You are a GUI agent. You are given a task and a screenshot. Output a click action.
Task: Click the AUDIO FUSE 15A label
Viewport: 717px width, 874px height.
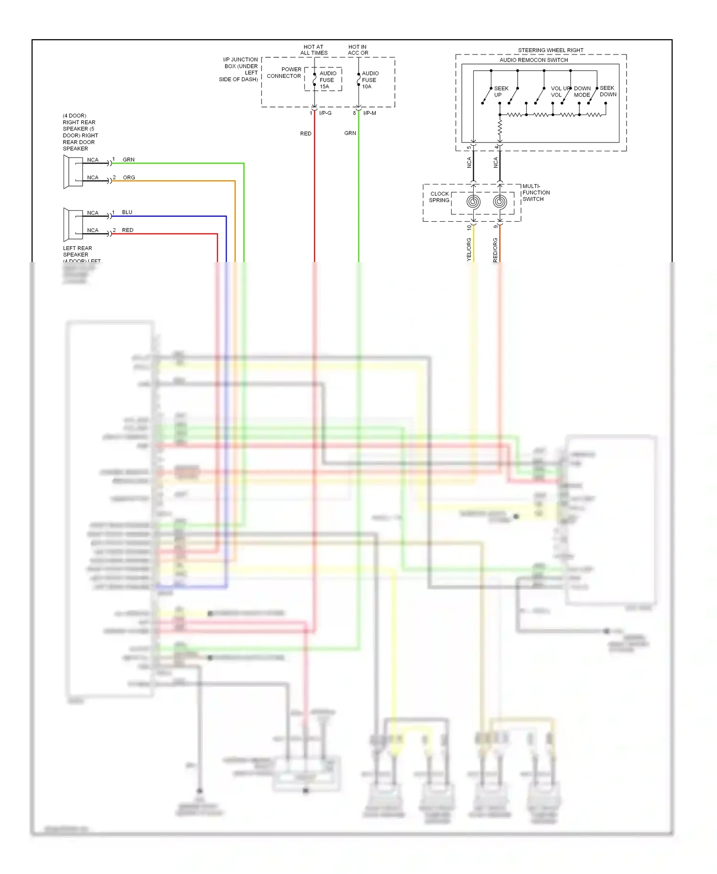[x=327, y=80]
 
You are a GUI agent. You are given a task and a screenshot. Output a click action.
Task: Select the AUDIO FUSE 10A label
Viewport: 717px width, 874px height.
[x=369, y=80]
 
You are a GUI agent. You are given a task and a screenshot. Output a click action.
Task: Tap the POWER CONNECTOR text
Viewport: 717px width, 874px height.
[x=284, y=73]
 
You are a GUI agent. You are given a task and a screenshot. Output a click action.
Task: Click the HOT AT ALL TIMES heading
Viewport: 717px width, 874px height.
[x=314, y=50]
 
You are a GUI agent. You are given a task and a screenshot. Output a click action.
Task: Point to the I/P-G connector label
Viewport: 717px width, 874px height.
[x=325, y=113]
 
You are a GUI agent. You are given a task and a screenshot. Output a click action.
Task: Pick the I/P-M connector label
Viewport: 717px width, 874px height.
[x=369, y=113]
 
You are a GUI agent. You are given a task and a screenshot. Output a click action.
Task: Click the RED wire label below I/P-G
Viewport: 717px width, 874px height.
[x=305, y=134]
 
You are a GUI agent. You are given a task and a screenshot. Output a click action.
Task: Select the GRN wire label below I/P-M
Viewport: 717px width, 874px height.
[x=350, y=133]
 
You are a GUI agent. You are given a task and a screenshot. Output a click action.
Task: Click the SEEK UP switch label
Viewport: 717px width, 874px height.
[x=500, y=91]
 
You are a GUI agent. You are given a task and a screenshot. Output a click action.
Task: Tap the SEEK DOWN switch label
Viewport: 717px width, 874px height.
[x=608, y=91]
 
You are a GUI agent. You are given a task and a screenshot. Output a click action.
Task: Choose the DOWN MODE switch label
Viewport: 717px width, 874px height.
[x=582, y=92]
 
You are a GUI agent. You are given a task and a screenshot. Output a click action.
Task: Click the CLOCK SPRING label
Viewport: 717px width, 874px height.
[x=439, y=197]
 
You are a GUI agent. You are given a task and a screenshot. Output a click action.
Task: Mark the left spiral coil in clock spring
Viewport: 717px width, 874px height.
[x=473, y=202]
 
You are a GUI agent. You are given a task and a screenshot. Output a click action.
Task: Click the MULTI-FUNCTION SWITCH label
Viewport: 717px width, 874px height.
[x=536, y=193]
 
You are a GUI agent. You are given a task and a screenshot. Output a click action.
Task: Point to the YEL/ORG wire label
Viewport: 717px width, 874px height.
[x=469, y=249]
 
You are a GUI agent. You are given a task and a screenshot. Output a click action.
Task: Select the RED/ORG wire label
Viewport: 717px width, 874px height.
[x=495, y=249]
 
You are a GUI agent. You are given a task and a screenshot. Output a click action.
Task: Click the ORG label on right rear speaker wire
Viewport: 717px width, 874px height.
[x=129, y=177]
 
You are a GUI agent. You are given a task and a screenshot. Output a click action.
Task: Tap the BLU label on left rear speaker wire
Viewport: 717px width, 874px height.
[x=127, y=212]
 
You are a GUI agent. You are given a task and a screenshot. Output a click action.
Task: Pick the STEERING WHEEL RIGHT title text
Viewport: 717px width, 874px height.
[x=550, y=50]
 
